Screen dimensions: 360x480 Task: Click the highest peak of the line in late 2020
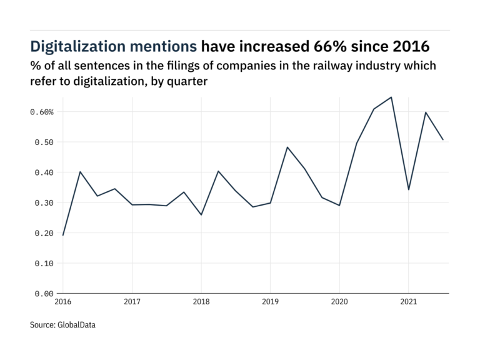click(x=391, y=97)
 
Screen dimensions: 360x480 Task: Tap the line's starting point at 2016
click(x=62, y=235)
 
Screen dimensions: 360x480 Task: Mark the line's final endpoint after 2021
click(x=443, y=139)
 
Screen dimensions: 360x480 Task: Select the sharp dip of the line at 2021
click(x=408, y=189)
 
